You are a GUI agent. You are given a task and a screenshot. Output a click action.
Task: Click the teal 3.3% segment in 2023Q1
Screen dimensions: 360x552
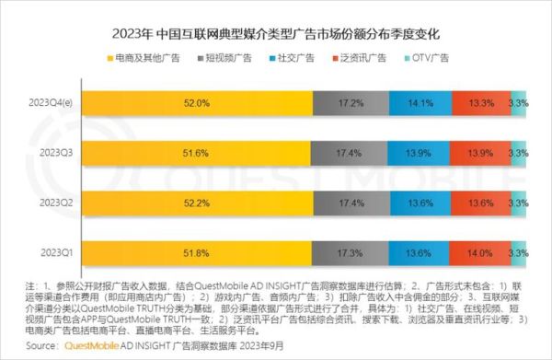point(519,250)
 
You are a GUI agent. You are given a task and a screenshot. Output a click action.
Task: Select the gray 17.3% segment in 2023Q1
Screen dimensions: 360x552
point(350,250)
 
